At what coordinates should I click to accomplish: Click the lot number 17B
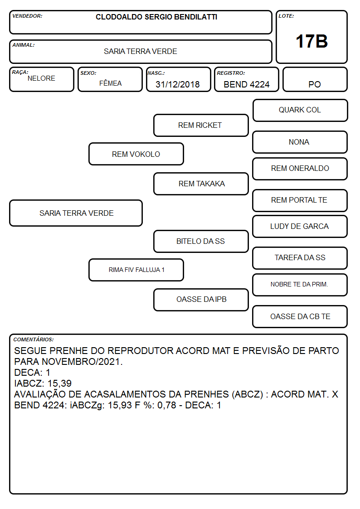point(311,41)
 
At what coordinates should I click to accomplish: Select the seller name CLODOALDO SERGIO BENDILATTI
point(156,17)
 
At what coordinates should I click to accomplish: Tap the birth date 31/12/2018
point(178,84)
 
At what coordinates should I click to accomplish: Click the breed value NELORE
point(41,78)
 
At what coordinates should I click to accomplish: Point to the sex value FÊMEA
point(110,83)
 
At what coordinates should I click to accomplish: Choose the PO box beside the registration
point(315,79)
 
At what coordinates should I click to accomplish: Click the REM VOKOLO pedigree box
point(136,154)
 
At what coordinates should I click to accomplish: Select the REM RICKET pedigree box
point(201,125)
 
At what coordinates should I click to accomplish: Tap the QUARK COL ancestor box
point(300,111)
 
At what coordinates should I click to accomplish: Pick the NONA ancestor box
point(300,142)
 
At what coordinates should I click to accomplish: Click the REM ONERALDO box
point(300,169)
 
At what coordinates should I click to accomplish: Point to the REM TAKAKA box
point(201,184)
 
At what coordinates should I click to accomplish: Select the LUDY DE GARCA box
point(300,227)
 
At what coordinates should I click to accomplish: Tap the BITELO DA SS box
point(201,242)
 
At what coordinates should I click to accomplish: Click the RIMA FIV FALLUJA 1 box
point(136,270)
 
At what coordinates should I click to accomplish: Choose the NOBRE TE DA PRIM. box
point(300,285)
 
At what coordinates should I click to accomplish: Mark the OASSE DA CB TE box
point(300,316)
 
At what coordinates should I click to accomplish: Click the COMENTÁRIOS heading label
point(34,339)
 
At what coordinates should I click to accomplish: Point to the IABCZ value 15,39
point(59,383)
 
